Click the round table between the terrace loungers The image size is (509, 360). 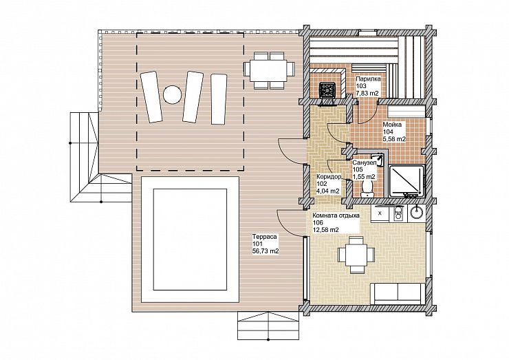pyautogui.click(x=171, y=94)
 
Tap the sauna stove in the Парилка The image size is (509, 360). pyautogui.click(x=328, y=90)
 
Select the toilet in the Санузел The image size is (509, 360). pyautogui.click(x=367, y=189)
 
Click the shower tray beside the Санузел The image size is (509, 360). pyautogui.click(x=407, y=181)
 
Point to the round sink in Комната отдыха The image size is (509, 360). pyautogui.click(x=416, y=213)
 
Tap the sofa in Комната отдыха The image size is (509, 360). pyautogui.click(x=398, y=293)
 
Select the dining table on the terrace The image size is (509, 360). pyautogui.click(x=269, y=71)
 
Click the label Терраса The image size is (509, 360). pyautogui.click(x=265, y=237)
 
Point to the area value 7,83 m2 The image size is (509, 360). pyautogui.click(x=367, y=94)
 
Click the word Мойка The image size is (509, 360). pyautogui.click(x=392, y=125)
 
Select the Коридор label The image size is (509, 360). pyautogui.click(x=329, y=177)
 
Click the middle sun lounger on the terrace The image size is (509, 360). pyautogui.click(x=193, y=96)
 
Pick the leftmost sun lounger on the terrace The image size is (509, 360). pyautogui.click(x=151, y=97)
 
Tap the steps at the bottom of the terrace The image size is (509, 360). pyautogui.click(x=268, y=326)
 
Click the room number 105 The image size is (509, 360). pyautogui.click(x=358, y=170)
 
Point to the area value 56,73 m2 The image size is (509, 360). pyautogui.click(x=266, y=251)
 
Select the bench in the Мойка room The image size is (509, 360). pyautogui.click(x=406, y=112)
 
